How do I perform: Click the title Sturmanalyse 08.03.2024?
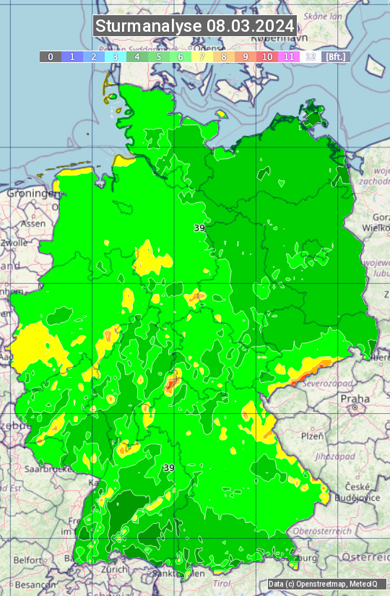point(195,27)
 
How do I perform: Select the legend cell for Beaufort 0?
point(51,56)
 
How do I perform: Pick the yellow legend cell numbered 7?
point(202,56)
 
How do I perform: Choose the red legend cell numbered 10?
point(267,56)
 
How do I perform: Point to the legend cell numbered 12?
point(311,56)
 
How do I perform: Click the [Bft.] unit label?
point(336,56)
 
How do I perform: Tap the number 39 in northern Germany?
point(199,228)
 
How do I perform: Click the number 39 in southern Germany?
point(169,468)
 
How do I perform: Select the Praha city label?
point(355,399)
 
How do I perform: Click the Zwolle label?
point(13,243)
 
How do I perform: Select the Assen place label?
point(32,224)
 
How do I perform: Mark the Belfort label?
point(29,560)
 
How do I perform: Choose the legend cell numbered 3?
point(116,56)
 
